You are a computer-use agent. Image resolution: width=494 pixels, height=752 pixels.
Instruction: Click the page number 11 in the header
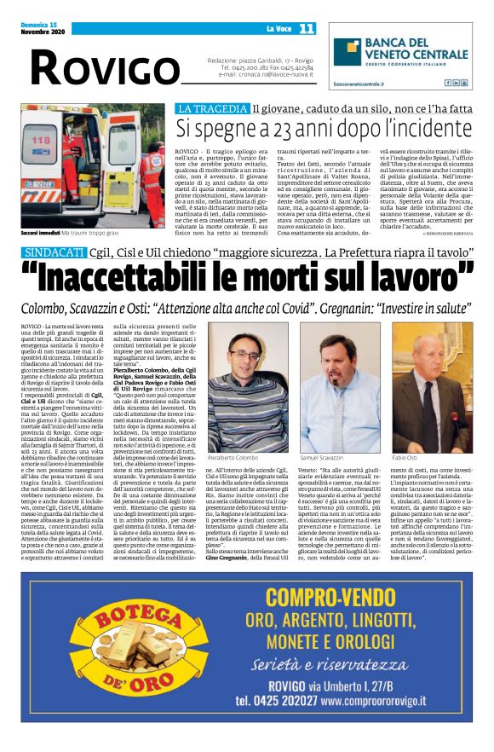[x=307, y=28]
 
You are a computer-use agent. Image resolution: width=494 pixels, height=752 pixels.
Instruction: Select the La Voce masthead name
[x=274, y=29]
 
